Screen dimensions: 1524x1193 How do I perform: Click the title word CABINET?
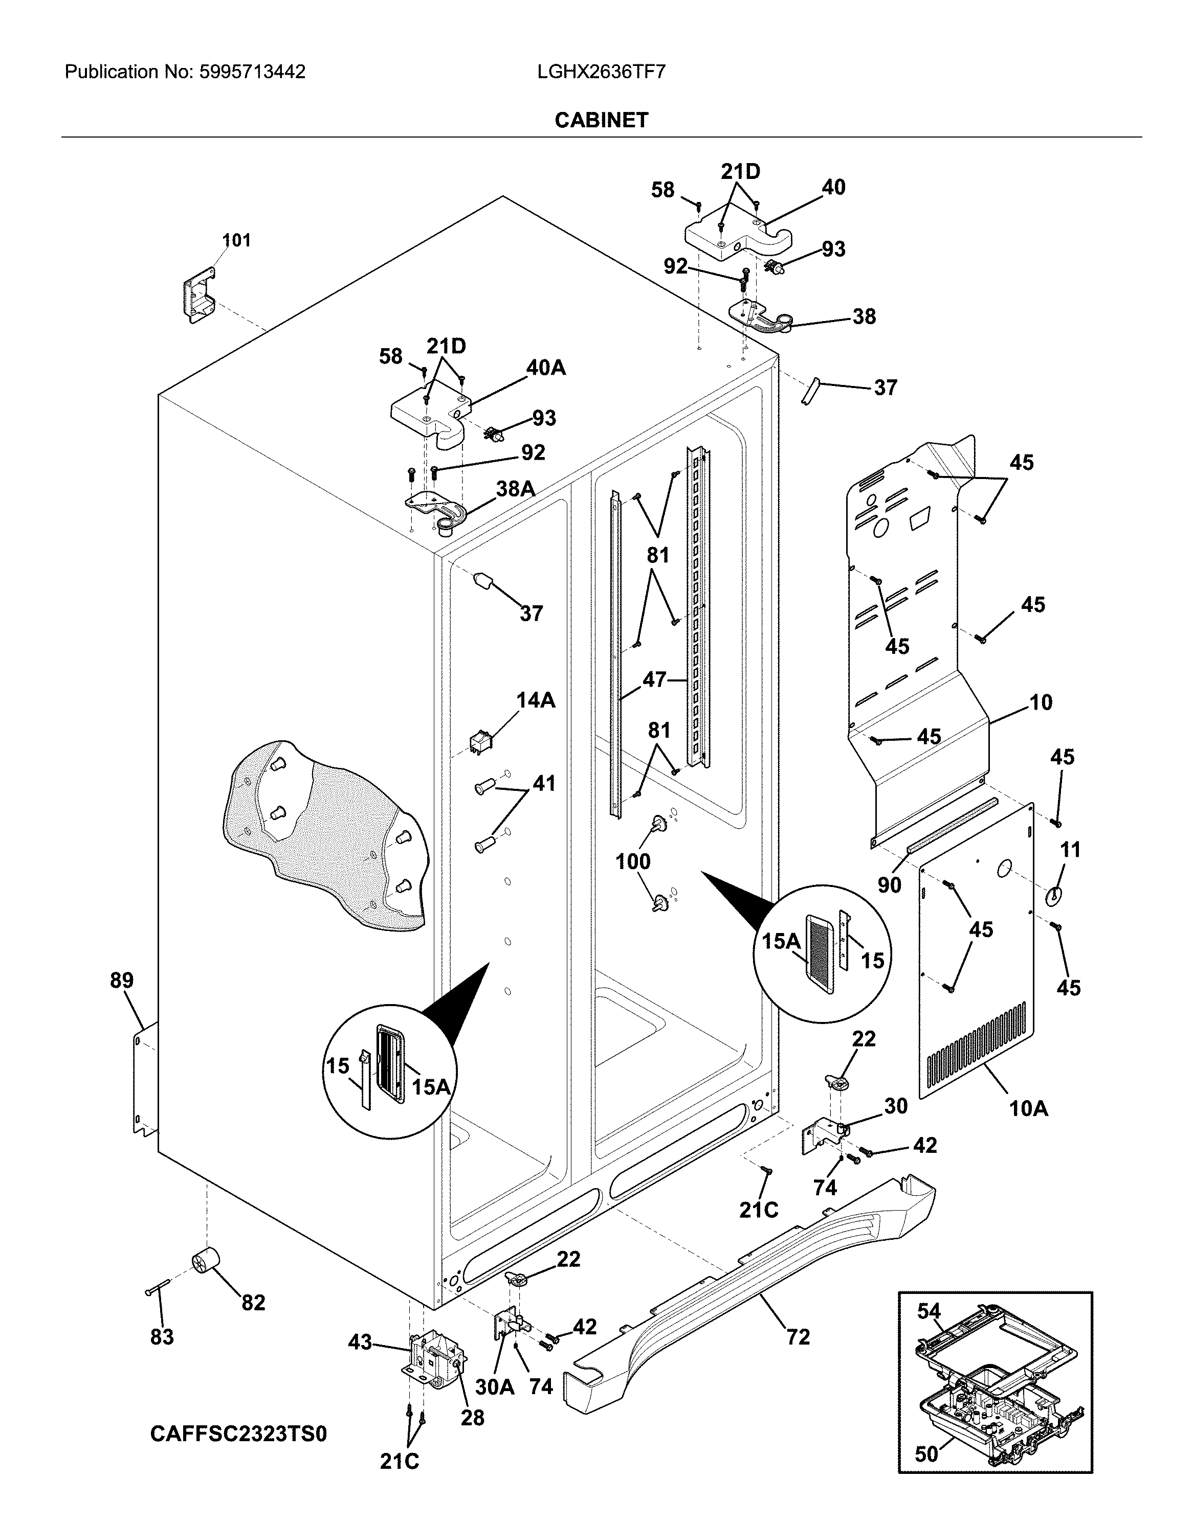(x=602, y=120)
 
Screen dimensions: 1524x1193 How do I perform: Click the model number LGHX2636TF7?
(x=602, y=72)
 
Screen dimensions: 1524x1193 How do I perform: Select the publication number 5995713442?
(x=252, y=72)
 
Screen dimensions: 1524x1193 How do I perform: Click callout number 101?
(x=236, y=240)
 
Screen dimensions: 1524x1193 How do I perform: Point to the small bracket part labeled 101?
(x=198, y=296)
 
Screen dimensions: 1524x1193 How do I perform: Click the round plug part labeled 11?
(x=1053, y=894)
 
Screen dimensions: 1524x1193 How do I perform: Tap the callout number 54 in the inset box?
(x=929, y=1311)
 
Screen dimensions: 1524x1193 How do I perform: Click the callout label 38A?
(x=516, y=489)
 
